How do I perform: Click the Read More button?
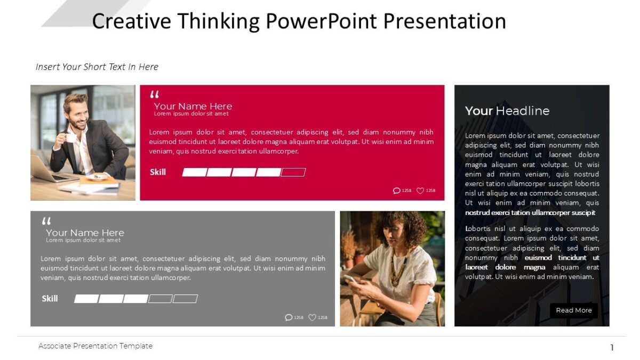click(573, 310)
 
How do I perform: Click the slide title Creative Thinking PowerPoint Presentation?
click(299, 21)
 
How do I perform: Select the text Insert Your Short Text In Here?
click(97, 67)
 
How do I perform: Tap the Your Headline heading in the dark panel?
click(507, 111)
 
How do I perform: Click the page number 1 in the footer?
click(612, 348)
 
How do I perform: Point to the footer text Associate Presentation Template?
click(95, 346)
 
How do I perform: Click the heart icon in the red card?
click(420, 190)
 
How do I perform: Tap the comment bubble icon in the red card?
click(396, 190)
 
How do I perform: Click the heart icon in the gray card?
click(312, 317)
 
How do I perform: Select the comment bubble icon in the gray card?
click(289, 317)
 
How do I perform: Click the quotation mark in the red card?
click(154, 95)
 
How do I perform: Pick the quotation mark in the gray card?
click(46, 221)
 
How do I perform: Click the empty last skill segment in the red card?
click(293, 172)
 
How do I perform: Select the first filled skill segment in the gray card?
click(86, 299)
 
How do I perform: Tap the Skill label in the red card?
click(158, 172)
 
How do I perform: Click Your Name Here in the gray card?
click(85, 233)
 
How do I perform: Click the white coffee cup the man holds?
click(70, 138)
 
